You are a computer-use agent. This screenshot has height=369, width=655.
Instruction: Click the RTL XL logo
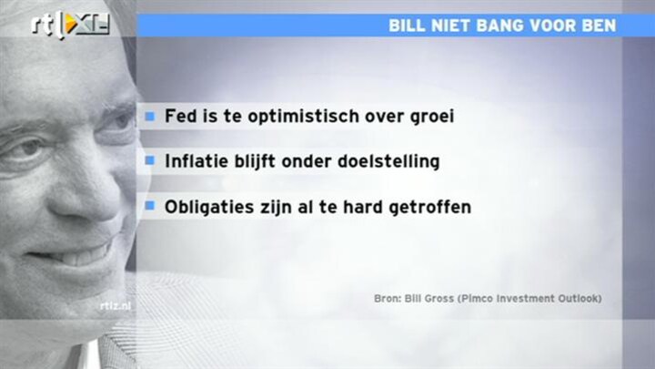70,25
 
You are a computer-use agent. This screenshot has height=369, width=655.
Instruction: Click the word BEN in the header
598,26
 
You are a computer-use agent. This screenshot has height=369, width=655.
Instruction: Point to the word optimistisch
303,117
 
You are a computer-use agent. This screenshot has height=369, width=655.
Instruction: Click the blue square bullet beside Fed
150,116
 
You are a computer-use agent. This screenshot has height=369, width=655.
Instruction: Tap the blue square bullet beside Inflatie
150,160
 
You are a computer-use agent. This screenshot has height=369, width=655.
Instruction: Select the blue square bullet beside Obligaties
150,205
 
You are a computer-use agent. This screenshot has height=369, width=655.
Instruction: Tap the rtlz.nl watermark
116,306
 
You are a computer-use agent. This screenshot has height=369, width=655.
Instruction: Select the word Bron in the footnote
388,299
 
